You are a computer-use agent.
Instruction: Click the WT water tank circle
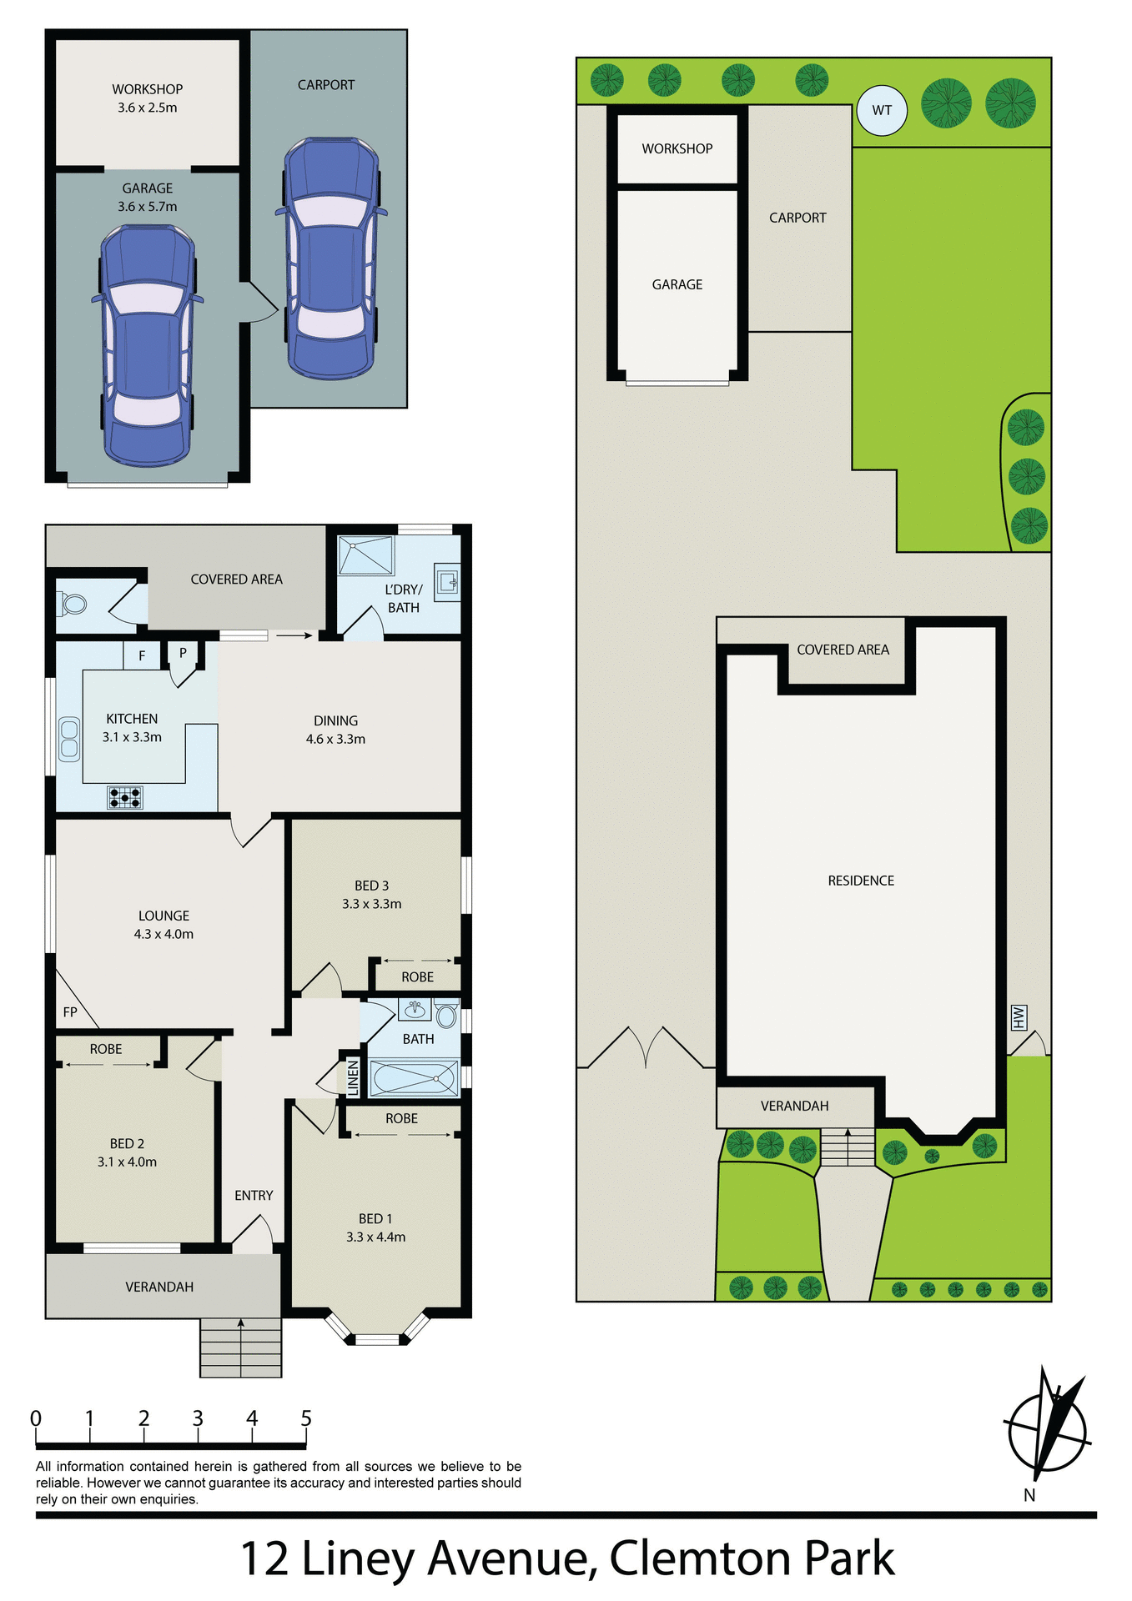[x=882, y=110]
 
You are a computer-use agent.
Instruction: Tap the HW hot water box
[x=1018, y=1017]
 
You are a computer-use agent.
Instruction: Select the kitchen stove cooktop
[x=125, y=798]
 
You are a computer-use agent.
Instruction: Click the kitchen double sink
[x=69, y=739]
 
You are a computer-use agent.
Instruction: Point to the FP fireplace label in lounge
[x=70, y=1012]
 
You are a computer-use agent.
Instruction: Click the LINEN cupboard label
[x=353, y=1077]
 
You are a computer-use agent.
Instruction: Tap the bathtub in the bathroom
[x=415, y=1077]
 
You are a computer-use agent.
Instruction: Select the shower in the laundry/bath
[x=365, y=555]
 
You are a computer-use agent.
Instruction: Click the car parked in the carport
[x=331, y=258]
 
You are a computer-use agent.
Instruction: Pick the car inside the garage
[x=148, y=344]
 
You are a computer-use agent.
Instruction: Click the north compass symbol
[x=1048, y=1431]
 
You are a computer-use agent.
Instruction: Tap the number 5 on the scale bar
[x=306, y=1418]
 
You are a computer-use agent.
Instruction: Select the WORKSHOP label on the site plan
[x=677, y=148]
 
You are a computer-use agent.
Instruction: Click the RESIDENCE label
[x=861, y=881]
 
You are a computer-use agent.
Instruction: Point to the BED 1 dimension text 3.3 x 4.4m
[x=375, y=1237]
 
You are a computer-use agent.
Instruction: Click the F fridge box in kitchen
[x=142, y=655]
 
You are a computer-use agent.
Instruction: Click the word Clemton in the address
[x=698, y=1558]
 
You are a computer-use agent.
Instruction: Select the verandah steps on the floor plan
[x=240, y=1347]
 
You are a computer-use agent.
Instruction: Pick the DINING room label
[x=335, y=720]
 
